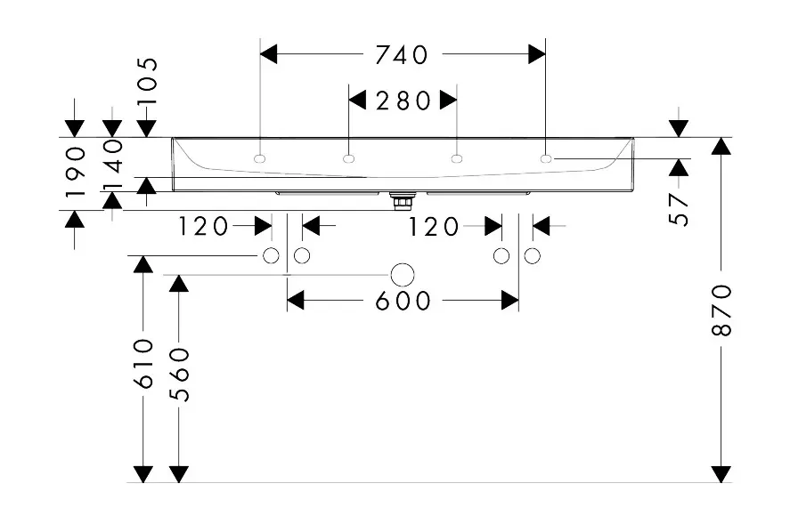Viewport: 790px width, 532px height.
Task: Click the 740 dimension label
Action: point(402,55)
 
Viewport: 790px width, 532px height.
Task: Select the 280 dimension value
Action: point(402,100)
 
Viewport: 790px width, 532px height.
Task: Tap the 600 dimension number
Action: point(403,302)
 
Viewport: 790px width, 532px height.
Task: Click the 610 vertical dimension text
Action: point(143,363)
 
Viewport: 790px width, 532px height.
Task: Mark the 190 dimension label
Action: point(75,171)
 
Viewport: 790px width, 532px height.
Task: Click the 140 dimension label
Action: point(112,163)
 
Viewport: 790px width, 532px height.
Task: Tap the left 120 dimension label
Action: point(204,227)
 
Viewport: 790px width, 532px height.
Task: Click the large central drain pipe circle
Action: point(403,274)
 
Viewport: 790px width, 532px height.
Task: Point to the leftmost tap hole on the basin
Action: point(260,159)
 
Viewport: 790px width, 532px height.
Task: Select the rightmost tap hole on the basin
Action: point(545,159)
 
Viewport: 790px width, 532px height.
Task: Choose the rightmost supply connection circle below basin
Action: point(533,256)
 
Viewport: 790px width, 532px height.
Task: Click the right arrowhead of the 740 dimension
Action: point(536,55)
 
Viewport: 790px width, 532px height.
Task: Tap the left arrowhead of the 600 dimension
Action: point(296,302)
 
